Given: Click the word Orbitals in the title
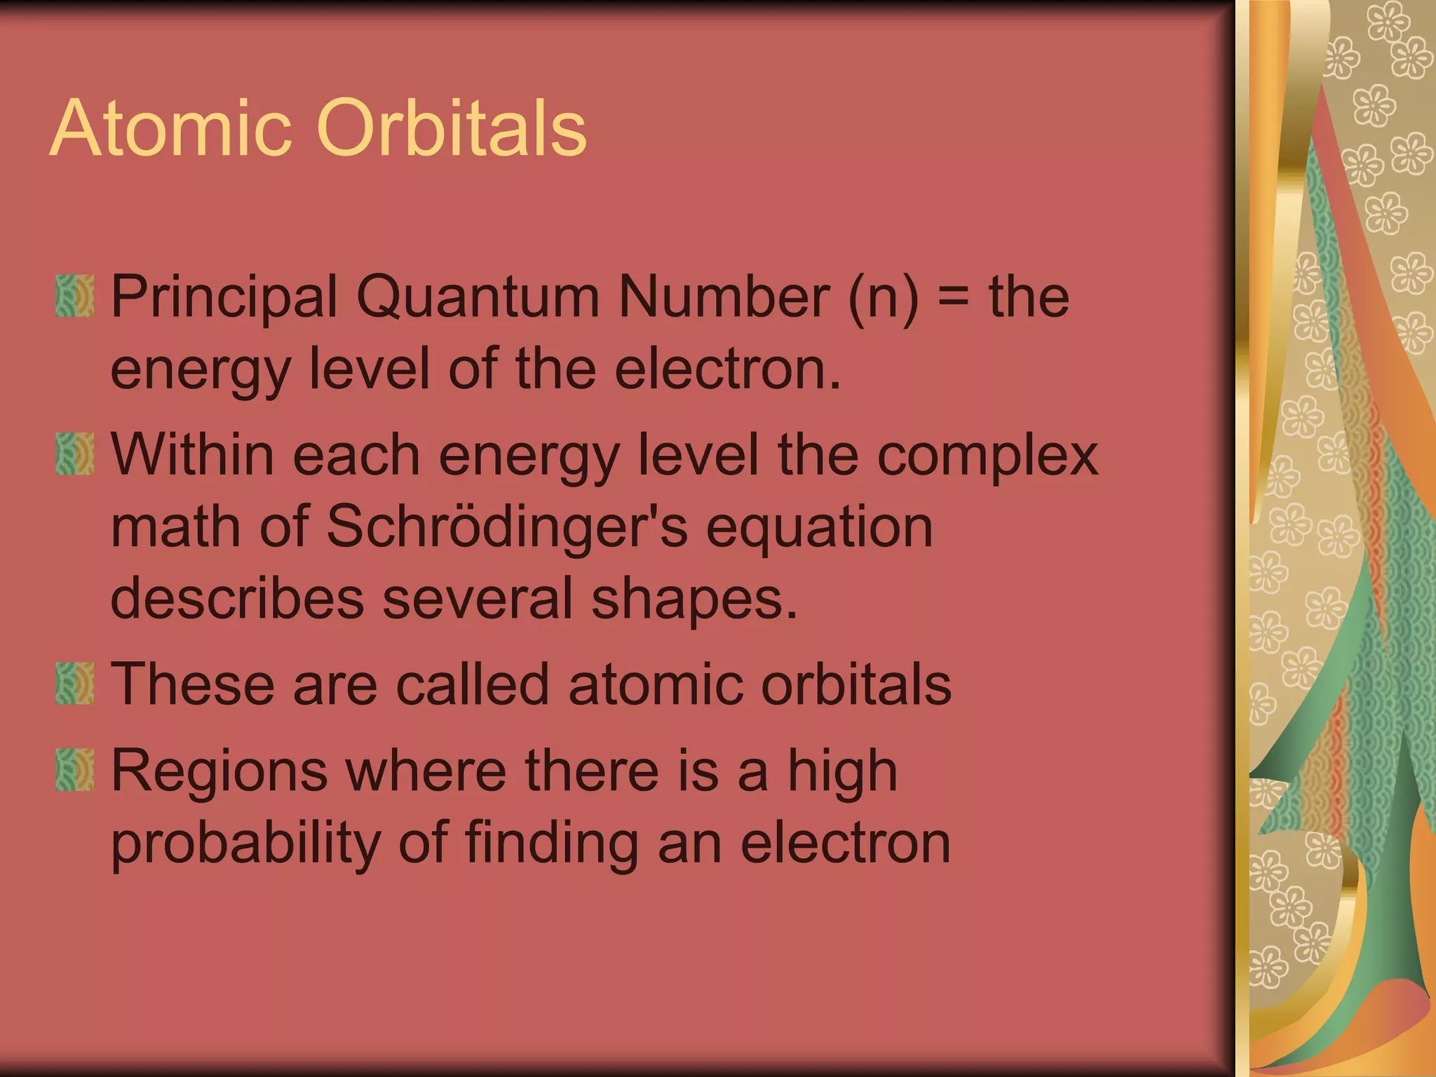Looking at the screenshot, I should (x=452, y=129).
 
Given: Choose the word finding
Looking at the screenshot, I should (x=552, y=844).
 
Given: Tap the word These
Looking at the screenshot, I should (x=192, y=684).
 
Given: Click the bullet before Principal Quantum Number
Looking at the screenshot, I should (x=74, y=296).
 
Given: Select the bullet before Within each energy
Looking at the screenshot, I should (x=74, y=454).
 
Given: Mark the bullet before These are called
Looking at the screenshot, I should (x=74, y=684).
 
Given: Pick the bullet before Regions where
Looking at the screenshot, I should (x=74, y=770).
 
